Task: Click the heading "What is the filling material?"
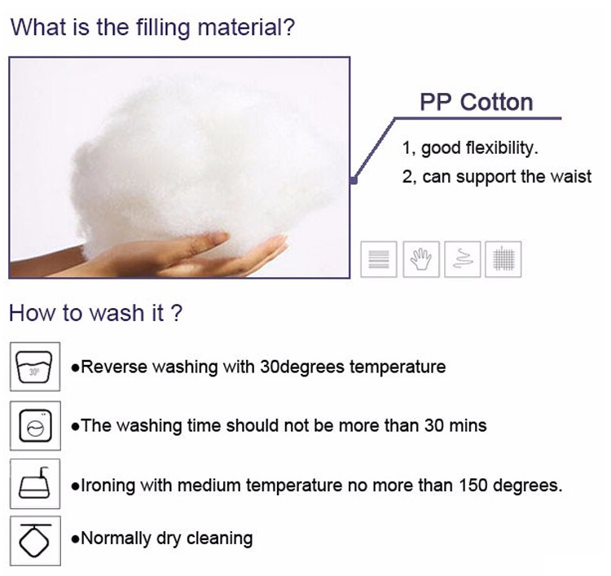pyautogui.click(x=152, y=27)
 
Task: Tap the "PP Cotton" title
pyautogui.click(x=476, y=103)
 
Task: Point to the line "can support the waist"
pyautogui.click(x=506, y=176)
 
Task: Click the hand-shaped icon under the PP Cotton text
pyautogui.click(x=420, y=259)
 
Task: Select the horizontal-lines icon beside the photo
pyautogui.click(x=379, y=259)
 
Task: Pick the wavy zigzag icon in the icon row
pyautogui.click(x=461, y=259)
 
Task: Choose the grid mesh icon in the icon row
pyautogui.click(x=502, y=259)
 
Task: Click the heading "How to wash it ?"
pyautogui.click(x=95, y=314)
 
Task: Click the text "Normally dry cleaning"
pyautogui.click(x=167, y=538)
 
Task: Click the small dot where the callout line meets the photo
pyautogui.click(x=353, y=181)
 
